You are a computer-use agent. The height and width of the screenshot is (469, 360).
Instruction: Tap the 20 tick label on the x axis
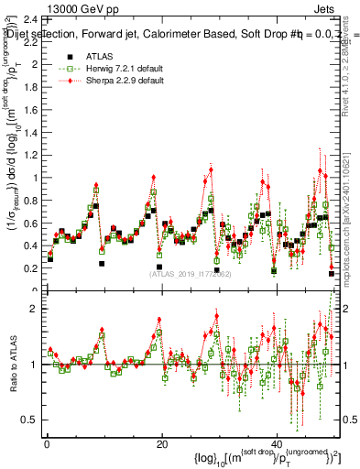[x=161, y=444]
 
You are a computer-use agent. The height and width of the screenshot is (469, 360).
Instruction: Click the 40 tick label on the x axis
[x=278, y=444]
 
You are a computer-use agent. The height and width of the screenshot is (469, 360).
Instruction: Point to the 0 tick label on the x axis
[x=46, y=444]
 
